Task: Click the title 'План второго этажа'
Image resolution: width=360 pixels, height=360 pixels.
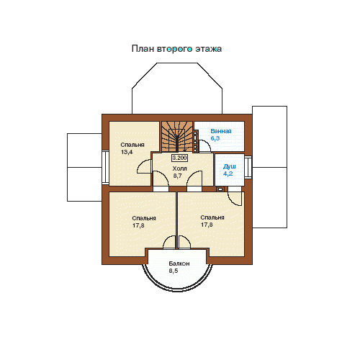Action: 176,49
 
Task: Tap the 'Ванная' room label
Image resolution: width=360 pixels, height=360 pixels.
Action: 221,131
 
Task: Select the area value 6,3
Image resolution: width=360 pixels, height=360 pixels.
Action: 215,138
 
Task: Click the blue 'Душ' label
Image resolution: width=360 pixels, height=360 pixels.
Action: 230,166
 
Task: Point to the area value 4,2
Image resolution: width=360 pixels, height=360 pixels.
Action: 228,174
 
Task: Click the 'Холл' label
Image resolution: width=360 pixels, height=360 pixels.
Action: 179,168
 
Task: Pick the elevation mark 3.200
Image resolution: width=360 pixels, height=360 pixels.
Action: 180,158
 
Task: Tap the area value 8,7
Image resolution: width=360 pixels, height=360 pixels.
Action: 178,176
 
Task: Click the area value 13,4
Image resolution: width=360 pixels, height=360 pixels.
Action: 127,152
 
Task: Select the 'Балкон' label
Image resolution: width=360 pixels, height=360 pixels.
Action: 179,264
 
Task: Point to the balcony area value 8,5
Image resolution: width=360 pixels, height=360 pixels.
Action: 174,271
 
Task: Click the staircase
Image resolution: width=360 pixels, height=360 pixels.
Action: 177,137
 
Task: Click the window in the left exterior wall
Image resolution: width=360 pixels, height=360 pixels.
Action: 106,167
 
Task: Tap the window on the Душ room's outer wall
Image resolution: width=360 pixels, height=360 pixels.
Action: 248,167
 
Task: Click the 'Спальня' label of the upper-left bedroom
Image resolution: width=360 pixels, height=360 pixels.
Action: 132,145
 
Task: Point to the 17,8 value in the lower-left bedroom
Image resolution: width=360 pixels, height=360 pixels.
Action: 138,225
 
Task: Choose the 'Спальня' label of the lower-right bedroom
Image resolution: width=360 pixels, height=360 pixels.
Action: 212,217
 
